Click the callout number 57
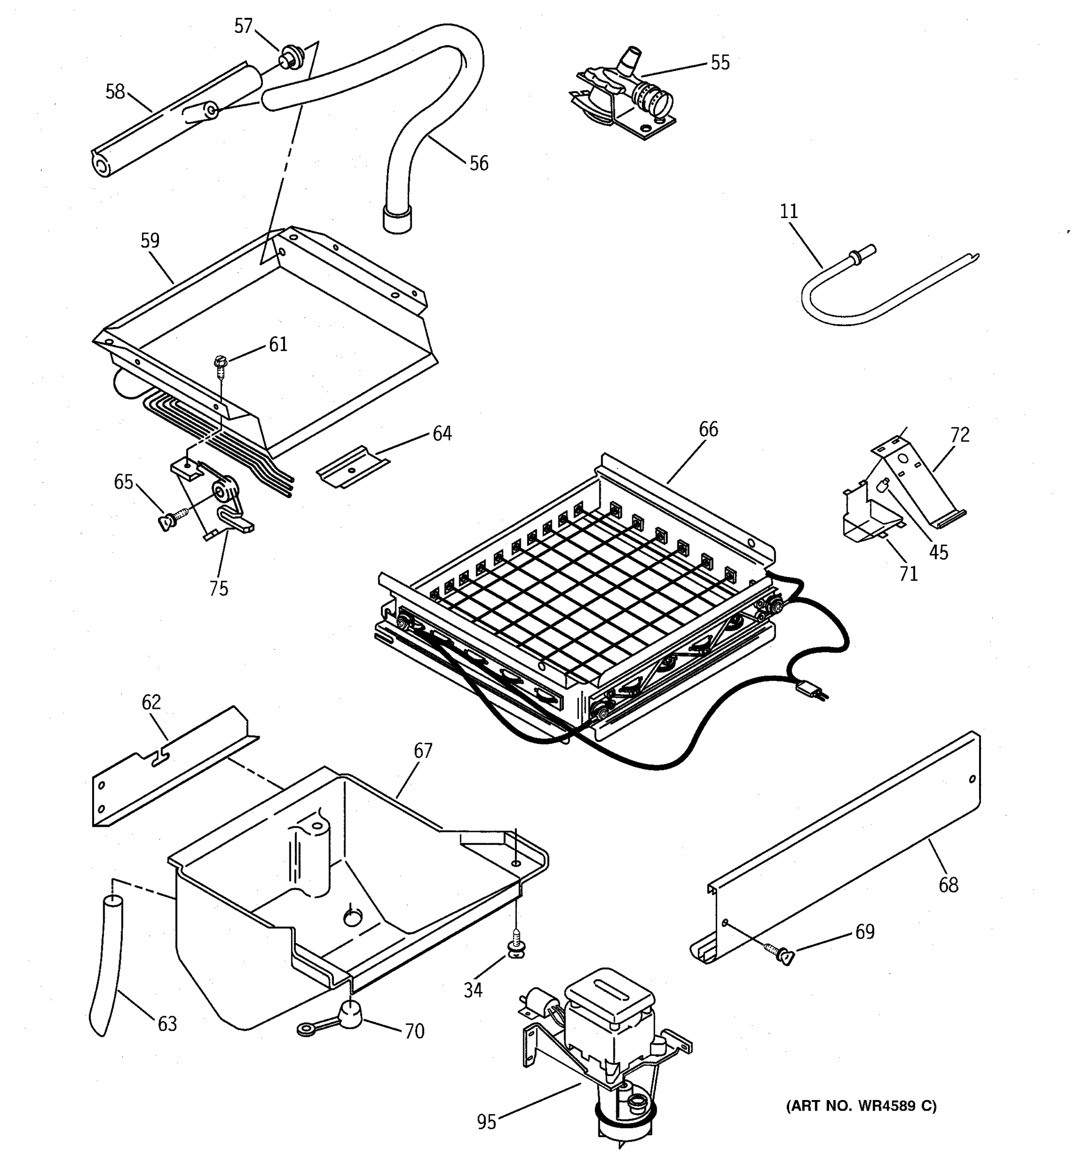[243, 26]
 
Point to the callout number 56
[478, 163]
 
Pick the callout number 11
[788, 211]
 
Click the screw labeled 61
[221, 365]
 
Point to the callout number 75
[218, 588]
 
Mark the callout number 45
[938, 552]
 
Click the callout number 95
[486, 1121]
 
